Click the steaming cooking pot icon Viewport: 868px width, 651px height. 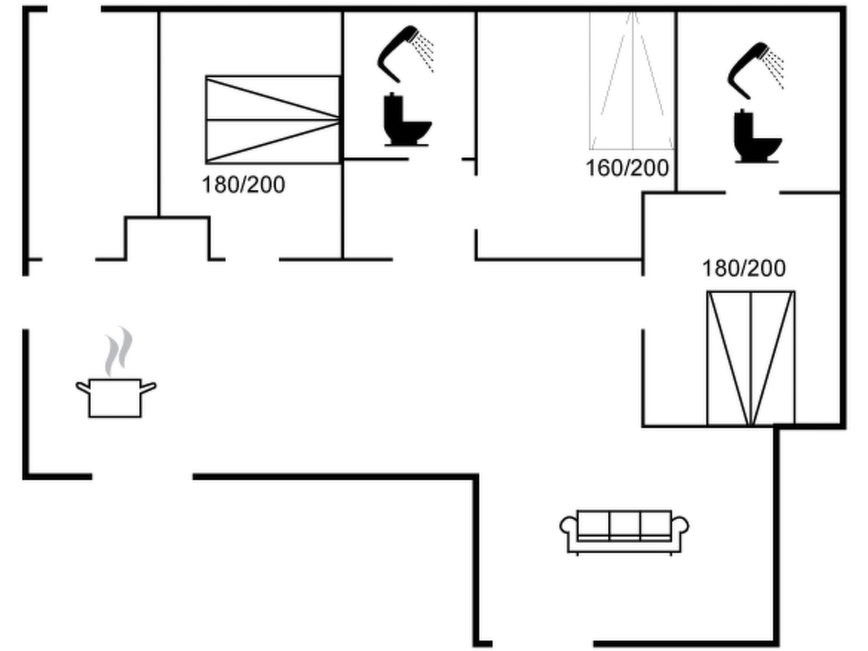[x=115, y=397]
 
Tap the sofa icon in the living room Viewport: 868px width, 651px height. [x=624, y=531]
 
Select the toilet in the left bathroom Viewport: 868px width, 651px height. [x=406, y=121]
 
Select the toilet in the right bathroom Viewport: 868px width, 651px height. [x=757, y=138]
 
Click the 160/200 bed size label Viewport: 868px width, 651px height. [x=627, y=168]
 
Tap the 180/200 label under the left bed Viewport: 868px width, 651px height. [x=243, y=185]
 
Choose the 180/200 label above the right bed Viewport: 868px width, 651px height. [x=744, y=268]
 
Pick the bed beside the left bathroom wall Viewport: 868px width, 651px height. [x=273, y=120]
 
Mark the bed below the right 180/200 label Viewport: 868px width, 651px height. [x=751, y=358]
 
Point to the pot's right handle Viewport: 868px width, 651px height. [x=148, y=387]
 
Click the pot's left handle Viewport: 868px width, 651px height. [x=82, y=387]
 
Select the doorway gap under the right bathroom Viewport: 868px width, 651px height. [x=752, y=193]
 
